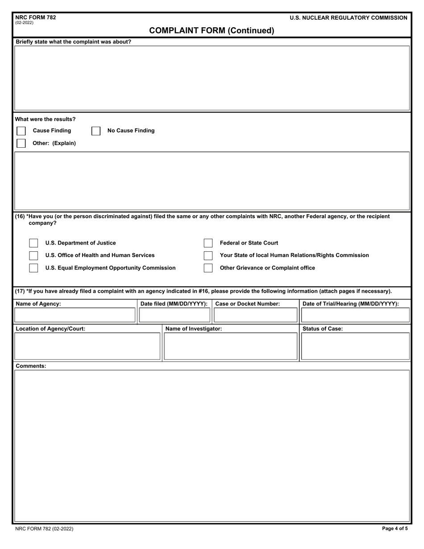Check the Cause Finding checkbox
point(21,131)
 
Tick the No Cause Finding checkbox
point(96,131)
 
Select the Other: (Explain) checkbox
point(21,143)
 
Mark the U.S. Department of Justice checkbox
point(33,243)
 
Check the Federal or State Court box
point(208,243)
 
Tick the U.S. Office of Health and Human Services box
point(33,255)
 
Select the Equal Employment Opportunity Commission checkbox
point(33,268)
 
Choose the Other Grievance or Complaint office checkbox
point(208,268)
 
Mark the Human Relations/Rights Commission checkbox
point(208,255)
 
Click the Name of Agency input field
point(75,315)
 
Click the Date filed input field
point(175,315)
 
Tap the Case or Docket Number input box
point(255,315)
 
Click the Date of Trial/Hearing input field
point(355,315)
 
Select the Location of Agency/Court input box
point(87,346)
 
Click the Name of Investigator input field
point(230,346)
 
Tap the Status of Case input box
point(355,346)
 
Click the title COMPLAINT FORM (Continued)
point(212,30)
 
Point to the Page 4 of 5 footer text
point(395,528)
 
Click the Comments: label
point(31,366)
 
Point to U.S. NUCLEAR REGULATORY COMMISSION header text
point(348,18)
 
